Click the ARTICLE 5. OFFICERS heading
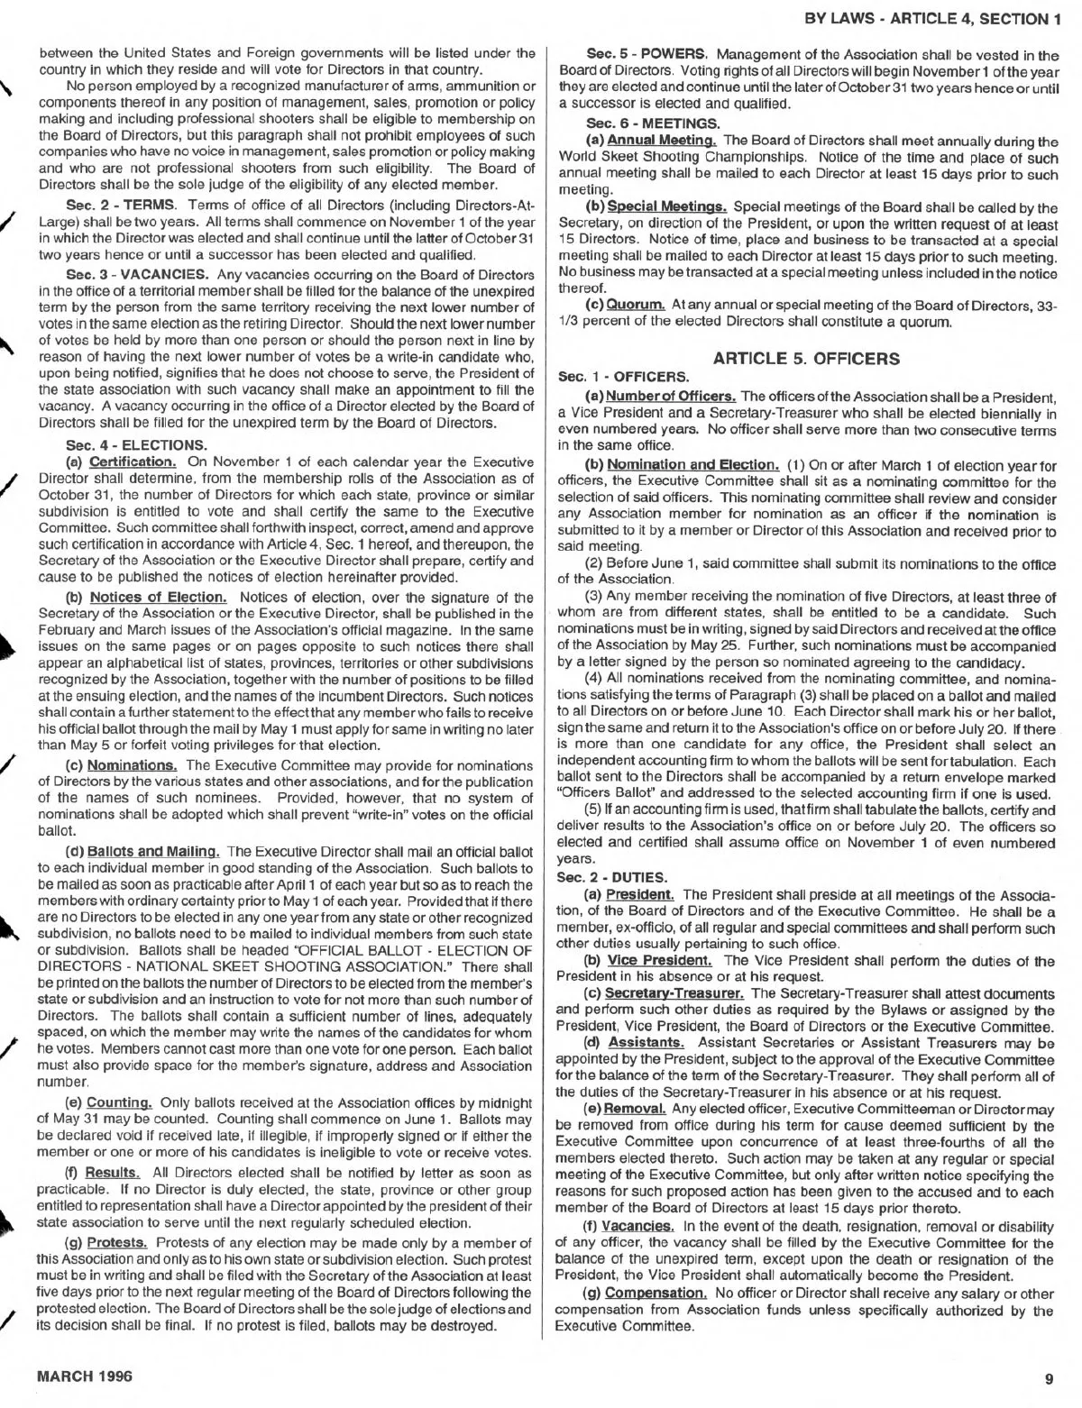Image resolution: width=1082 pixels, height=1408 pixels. [806, 359]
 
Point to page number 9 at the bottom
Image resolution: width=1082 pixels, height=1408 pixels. [1049, 1377]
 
